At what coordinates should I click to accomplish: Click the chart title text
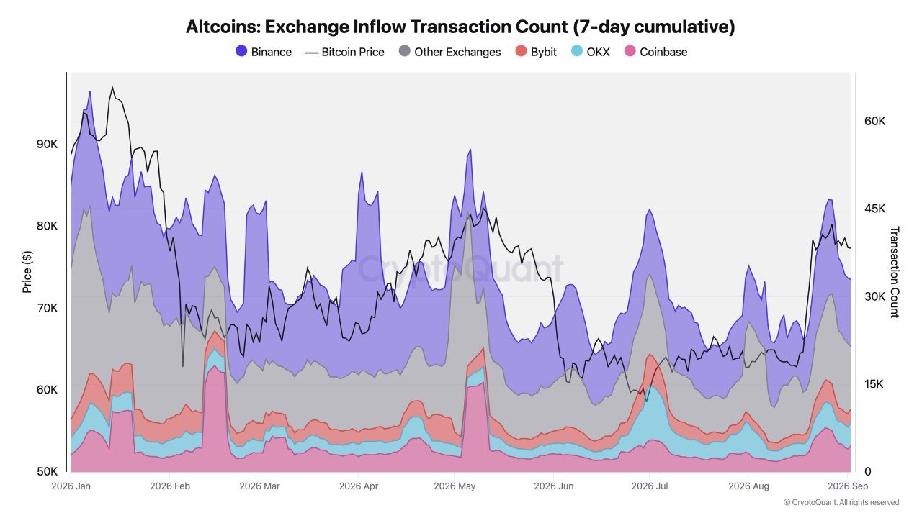pyautogui.click(x=460, y=27)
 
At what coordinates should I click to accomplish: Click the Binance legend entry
pyautogui.click(x=264, y=52)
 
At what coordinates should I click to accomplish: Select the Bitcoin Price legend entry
pyautogui.click(x=344, y=53)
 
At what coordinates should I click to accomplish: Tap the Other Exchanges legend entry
pyautogui.click(x=450, y=52)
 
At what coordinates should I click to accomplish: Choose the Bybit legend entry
pyautogui.click(x=536, y=52)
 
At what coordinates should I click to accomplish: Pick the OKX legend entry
pyautogui.click(x=591, y=52)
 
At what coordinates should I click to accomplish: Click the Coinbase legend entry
pyautogui.click(x=655, y=52)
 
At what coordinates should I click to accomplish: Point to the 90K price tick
pyautogui.click(x=47, y=145)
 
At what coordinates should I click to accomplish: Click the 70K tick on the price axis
pyautogui.click(x=47, y=308)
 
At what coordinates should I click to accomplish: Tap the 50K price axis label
pyautogui.click(x=47, y=471)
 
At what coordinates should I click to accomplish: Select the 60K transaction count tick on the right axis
pyautogui.click(x=874, y=122)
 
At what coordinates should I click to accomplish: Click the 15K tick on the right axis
pyautogui.click(x=874, y=384)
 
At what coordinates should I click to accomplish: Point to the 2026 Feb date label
pyautogui.click(x=170, y=486)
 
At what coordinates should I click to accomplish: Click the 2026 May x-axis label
pyautogui.click(x=455, y=486)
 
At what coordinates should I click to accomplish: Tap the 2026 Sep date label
pyautogui.click(x=848, y=486)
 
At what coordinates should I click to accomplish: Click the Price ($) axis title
pyautogui.click(x=27, y=272)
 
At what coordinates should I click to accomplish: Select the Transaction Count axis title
pyautogui.click(x=895, y=272)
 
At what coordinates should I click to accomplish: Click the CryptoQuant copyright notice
pyautogui.click(x=841, y=502)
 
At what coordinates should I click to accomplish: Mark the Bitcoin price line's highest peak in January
pyautogui.click(x=112, y=87)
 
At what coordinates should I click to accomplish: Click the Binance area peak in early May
pyautogui.click(x=470, y=150)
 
